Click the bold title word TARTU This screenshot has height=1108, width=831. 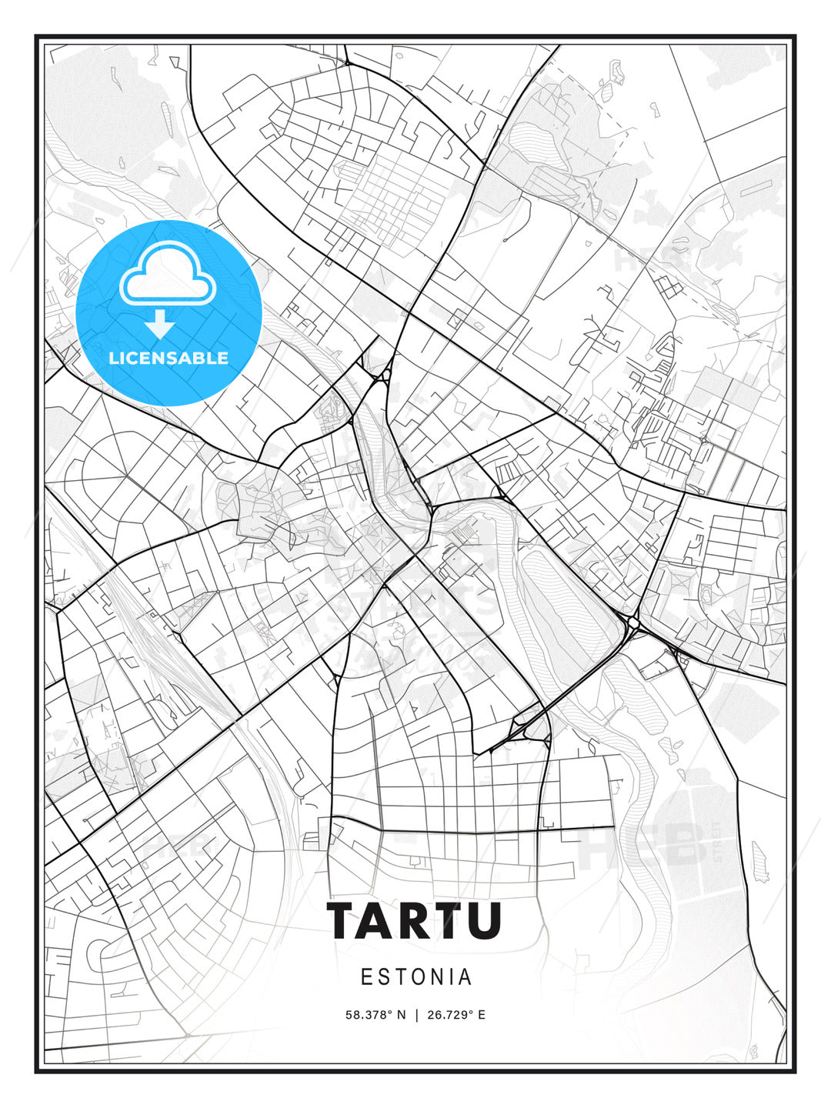(415, 920)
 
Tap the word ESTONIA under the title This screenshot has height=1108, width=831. (416, 977)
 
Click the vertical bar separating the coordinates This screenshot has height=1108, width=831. (417, 1015)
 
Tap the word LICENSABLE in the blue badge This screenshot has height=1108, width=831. (169, 358)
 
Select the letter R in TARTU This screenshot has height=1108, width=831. (417, 920)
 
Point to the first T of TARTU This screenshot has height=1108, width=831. (344, 920)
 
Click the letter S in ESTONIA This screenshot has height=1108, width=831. (382, 977)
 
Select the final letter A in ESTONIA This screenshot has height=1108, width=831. (465, 977)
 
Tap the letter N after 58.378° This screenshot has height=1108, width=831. (400, 1015)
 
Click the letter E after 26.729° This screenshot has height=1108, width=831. (481, 1015)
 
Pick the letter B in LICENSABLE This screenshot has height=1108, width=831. (199, 358)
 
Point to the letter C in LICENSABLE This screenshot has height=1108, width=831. (132, 358)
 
